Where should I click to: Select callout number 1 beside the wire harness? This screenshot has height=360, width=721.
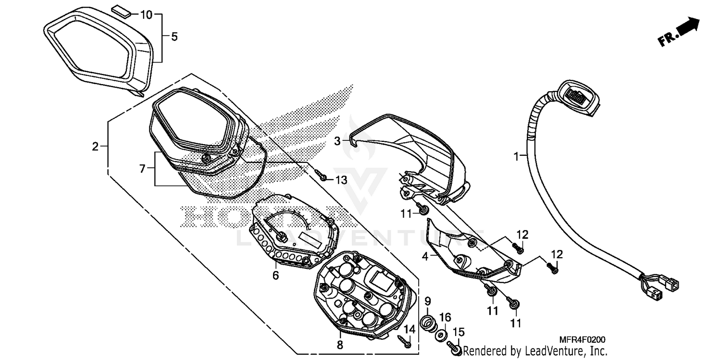point(517,156)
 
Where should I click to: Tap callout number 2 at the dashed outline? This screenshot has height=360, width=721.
point(96,146)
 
